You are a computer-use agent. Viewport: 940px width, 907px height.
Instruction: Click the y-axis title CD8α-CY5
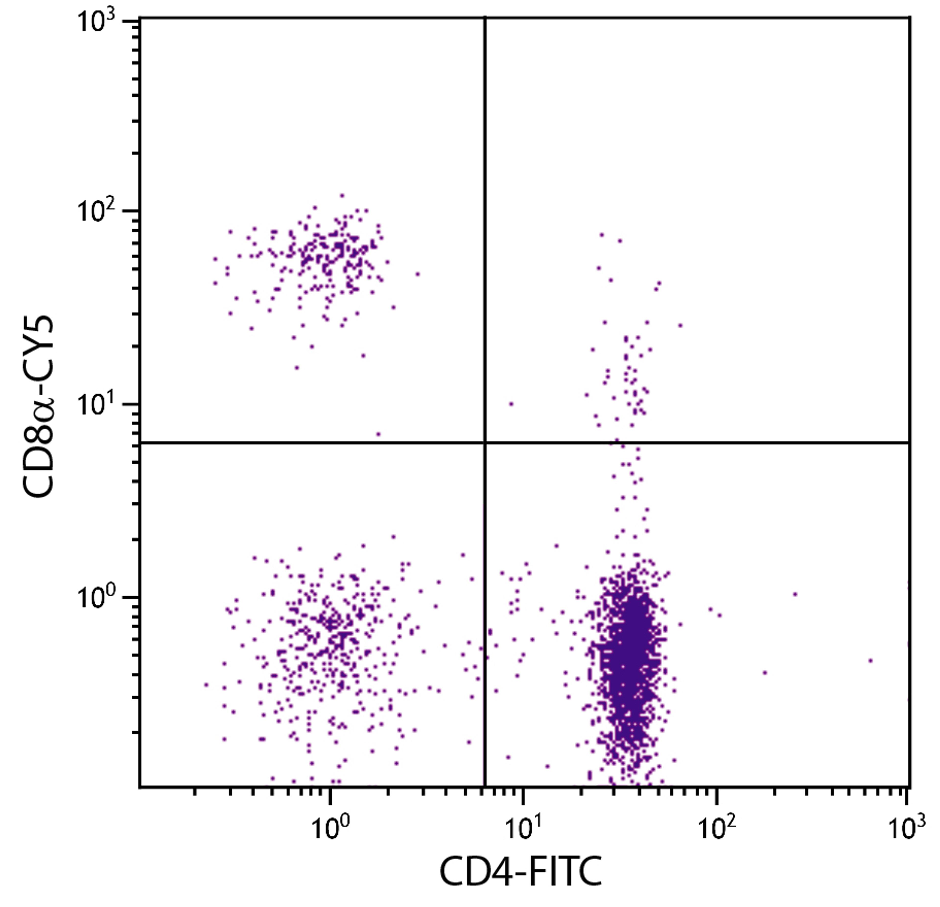click(x=38, y=408)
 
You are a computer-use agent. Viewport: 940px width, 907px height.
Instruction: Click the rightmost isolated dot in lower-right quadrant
click(x=870, y=660)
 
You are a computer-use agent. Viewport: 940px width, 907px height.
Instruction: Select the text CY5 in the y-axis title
click(x=38, y=345)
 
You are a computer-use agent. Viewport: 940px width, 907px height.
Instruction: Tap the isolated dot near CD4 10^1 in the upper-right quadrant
click(x=511, y=404)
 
